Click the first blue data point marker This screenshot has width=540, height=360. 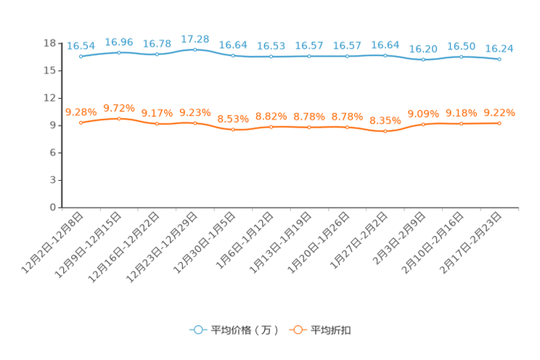pos(81,56)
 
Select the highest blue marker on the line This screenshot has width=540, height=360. pos(195,49)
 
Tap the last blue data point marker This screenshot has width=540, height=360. pos(499,59)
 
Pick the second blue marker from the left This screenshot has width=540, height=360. pos(119,52)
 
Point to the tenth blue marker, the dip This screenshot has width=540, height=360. pos(423,60)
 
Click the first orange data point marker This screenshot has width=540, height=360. pos(81,123)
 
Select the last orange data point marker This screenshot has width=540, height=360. pos(499,123)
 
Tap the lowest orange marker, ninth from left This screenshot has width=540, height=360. pos(385,131)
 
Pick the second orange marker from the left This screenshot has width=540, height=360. pos(119,118)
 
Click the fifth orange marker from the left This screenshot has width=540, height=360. pos(233,129)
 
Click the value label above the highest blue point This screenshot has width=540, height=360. pos(195,38)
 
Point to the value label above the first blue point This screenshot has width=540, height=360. pos(81,46)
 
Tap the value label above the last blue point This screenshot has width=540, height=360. pos(499,49)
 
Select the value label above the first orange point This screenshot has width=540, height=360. pos(81,112)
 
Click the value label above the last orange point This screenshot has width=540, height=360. pos(499,112)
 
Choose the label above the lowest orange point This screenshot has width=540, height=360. pos(385,120)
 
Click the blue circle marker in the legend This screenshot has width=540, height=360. pos(197,330)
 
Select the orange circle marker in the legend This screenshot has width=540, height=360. pos(297,330)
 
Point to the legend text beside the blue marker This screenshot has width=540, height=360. pos(243,330)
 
